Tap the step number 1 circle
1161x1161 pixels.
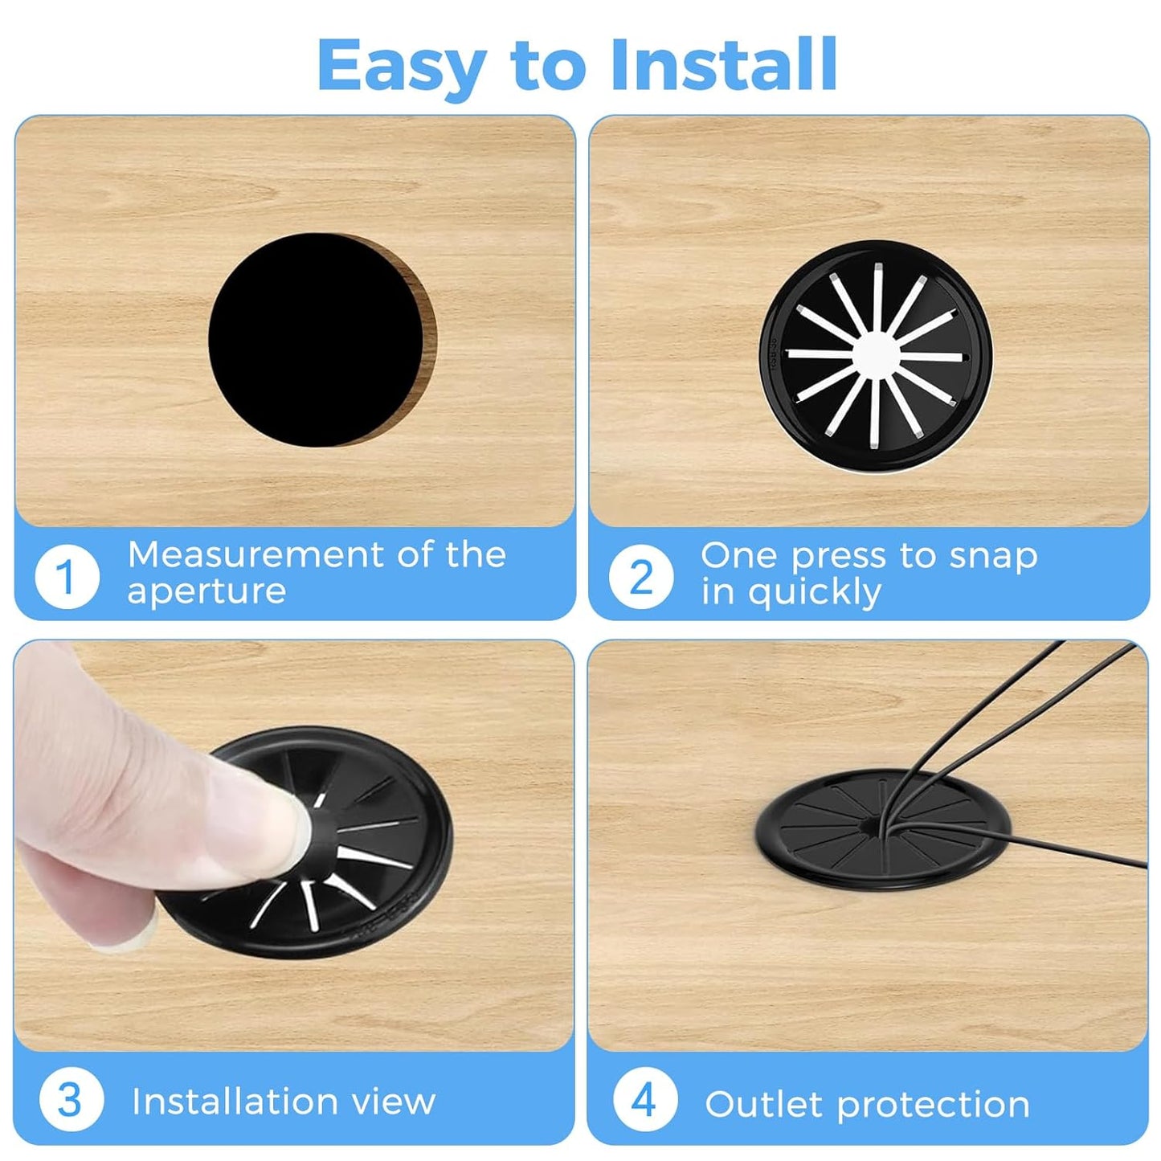point(67,576)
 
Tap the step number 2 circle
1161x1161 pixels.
point(640,576)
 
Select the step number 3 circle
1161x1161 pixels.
point(71,1099)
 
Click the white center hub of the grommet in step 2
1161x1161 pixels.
point(876,354)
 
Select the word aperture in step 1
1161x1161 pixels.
point(206,592)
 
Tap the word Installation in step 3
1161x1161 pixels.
point(233,1101)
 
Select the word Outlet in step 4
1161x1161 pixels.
point(763,1104)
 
